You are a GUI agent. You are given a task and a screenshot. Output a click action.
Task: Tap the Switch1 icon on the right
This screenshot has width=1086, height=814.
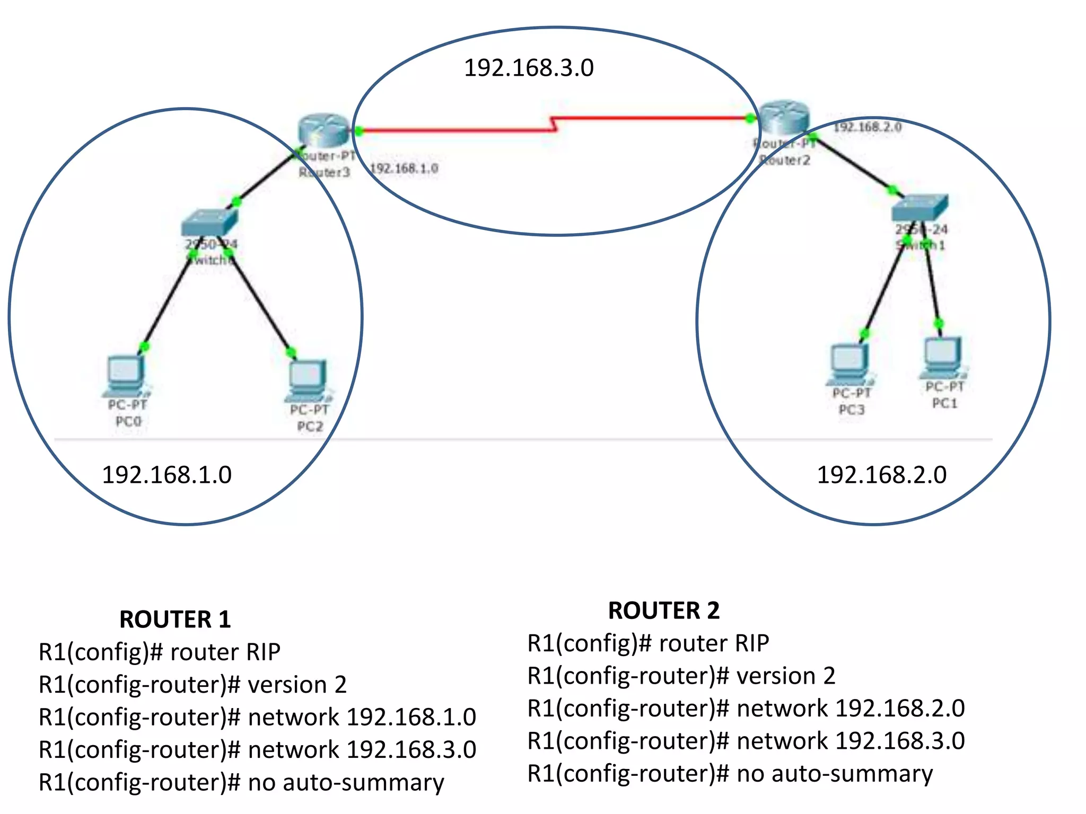click(919, 207)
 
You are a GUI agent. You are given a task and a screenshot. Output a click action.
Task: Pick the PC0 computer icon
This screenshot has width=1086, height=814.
click(126, 375)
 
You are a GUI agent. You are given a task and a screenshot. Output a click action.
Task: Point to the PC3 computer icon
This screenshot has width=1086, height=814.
click(850, 364)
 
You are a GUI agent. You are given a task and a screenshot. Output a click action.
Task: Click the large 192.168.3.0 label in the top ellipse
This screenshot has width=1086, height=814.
click(529, 68)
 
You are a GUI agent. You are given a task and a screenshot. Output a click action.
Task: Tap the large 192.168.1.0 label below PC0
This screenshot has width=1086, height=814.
click(167, 475)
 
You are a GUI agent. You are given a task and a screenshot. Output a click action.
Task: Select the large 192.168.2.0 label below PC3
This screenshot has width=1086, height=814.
click(881, 475)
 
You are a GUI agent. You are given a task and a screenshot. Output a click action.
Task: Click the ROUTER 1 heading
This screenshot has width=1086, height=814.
click(175, 619)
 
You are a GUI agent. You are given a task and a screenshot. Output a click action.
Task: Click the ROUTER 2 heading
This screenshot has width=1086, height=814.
click(663, 610)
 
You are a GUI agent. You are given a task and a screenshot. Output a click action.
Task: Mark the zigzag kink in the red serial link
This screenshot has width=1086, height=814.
click(554, 124)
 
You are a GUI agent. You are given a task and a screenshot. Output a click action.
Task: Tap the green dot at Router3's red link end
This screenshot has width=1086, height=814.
click(359, 130)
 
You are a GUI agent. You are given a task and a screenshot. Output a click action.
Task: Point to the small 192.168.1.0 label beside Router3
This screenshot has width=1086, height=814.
click(404, 169)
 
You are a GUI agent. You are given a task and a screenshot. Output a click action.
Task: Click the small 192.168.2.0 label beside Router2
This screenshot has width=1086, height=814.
click(868, 127)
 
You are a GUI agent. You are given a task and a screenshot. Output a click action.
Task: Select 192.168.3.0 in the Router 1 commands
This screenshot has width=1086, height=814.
click(411, 749)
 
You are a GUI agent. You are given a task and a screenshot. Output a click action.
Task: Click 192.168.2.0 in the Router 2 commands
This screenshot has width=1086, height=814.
click(900, 708)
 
